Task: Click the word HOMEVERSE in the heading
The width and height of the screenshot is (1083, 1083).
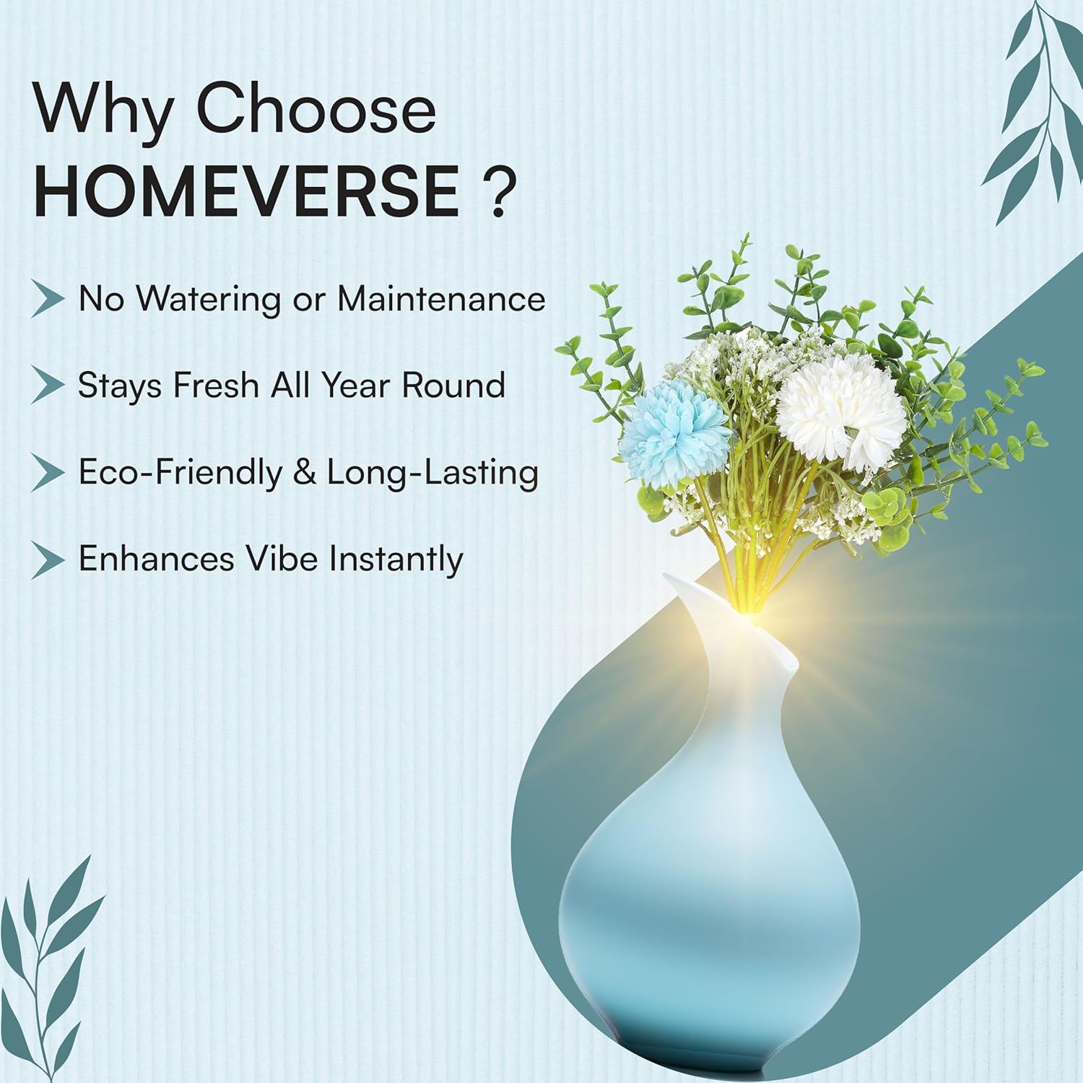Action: pyautogui.click(x=246, y=191)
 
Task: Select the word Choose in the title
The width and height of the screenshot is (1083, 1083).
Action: pyautogui.click(x=316, y=110)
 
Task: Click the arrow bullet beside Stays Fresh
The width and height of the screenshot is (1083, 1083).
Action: pyautogui.click(x=48, y=386)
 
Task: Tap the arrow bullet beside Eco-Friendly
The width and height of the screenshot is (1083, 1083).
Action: pyautogui.click(x=48, y=474)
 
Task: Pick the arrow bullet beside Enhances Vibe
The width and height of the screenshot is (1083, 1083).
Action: pyautogui.click(x=48, y=560)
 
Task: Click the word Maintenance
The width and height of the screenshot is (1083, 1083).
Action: pyautogui.click(x=441, y=299)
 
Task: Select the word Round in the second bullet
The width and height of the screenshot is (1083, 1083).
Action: pyautogui.click(x=453, y=386)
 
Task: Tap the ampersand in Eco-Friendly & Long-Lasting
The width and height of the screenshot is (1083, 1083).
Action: pyautogui.click(x=305, y=473)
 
